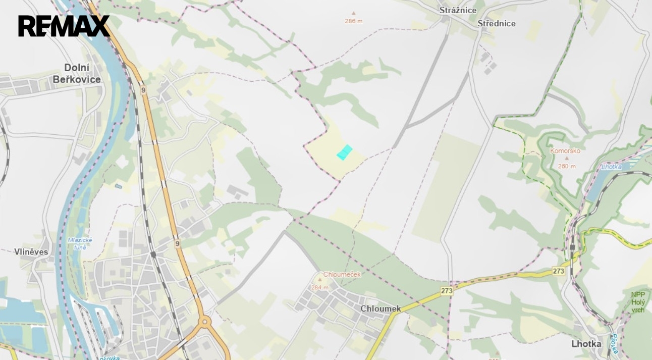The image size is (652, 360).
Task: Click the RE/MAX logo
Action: pyautogui.click(x=64, y=26)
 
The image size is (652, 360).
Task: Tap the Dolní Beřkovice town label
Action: pyautogui.click(x=77, y=74)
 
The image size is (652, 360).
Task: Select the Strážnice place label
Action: pyautogui.click(x=458, y=10)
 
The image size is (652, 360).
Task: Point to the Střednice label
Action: pyautogui.click(x=497, y=23)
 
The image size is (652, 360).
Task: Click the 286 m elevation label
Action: pyautogui.click(x=353, y=21)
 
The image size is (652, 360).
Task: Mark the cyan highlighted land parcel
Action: pyautogui.click(x=344, y=152)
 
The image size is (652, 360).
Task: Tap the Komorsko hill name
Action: pyautogui.click(x=565, y=150)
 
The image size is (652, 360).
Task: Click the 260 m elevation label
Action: pyautogui.click(x=567, y=166)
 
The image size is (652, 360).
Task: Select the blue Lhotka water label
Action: pyautogui.click(x=611, y=167)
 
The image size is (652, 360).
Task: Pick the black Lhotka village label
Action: pyautogui.click(x=586, y=344)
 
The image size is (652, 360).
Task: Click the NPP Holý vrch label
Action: pyautogui.click(x=638, y=302)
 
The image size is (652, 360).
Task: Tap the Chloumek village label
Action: pyautogui.click(x=381, y=308)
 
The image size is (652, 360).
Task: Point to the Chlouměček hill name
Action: pyautogui.click(x=342, y=274)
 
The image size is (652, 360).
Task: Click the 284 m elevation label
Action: pyautogui.click(x=319, y=287)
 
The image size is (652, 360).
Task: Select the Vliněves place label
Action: pyautogui.click(x=31, y=251)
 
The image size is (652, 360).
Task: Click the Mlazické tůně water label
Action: pyautogui.click(x=80, y=243)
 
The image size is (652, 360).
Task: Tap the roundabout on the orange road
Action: pyautogui.click(x=204, y=321)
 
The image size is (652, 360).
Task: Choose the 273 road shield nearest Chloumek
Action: pyautogui.click(x=447, y=291)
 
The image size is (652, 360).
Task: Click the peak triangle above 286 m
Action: pyautogui.click(x=353, y=14)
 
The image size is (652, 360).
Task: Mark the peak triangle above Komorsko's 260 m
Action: pyautogui.click(x=567, y=159)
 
